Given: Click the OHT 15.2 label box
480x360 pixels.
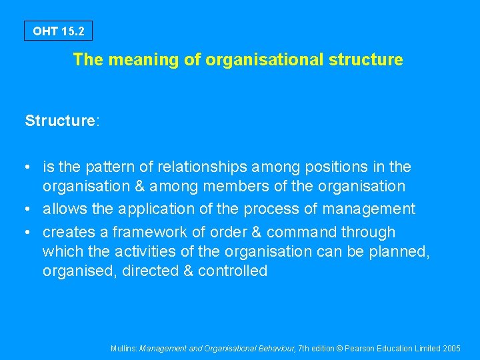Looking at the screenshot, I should point(59,31).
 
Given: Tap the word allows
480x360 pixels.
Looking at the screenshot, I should point(65,209).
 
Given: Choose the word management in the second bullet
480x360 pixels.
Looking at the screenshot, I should point(369,209).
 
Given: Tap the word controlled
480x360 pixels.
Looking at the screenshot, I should point(232,271).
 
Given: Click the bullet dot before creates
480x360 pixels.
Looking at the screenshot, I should point(30,233).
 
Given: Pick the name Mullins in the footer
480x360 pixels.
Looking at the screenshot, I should point(123,348).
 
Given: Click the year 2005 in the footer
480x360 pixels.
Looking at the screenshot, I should point(451,348).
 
